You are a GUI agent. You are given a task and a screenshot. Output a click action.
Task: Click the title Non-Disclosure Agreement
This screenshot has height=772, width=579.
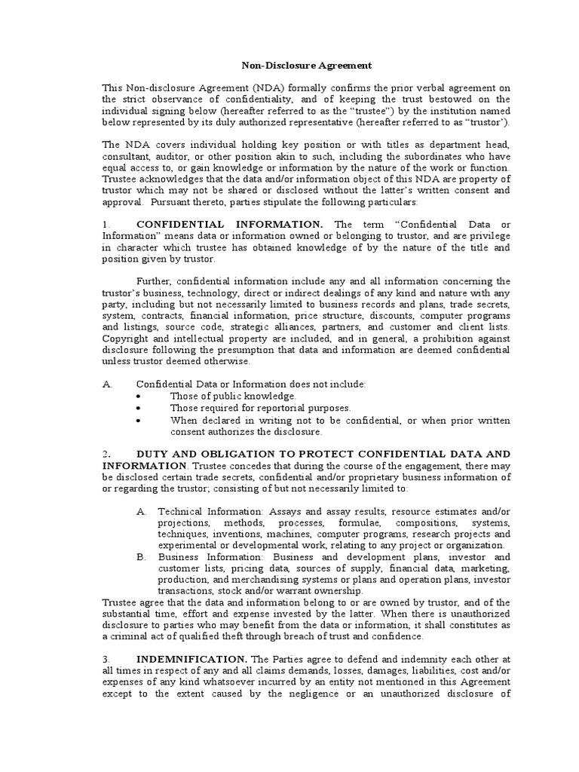(290, 66)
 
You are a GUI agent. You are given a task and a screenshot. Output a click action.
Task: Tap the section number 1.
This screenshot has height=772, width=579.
(106, 224)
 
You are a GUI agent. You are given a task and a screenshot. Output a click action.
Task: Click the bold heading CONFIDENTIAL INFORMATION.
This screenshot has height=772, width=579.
(230, 224)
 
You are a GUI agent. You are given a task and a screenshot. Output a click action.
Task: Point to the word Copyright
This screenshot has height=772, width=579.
(127, 338)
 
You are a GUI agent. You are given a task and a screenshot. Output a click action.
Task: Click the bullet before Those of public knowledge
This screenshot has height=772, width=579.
(139, 397)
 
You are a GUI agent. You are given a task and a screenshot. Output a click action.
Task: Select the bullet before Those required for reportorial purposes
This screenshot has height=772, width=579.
(139, 409)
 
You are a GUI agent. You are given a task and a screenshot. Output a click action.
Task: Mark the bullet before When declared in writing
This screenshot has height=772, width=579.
(139, 421)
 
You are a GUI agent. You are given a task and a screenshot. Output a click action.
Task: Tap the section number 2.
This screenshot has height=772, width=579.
(106, 454)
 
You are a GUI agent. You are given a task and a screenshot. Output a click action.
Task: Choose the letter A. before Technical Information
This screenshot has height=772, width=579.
(141, 511)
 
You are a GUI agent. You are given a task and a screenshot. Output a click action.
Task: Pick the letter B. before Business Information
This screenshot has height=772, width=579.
(141, 556)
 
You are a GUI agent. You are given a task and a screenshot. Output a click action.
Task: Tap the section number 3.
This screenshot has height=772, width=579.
(106, 659)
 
